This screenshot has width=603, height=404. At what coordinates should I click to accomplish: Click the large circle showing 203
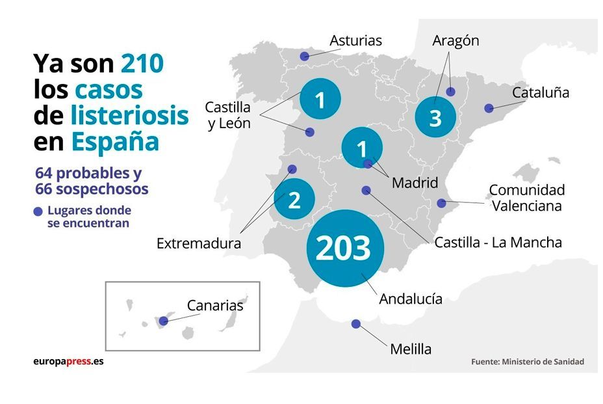tap(345, 248)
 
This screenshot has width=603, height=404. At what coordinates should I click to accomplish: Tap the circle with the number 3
tap(435, 118)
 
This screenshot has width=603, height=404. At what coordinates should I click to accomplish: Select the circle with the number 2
tap(294, 200)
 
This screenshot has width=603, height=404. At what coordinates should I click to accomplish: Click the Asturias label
tap(355, 40)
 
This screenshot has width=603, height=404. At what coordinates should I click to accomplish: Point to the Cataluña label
tap(540, 92)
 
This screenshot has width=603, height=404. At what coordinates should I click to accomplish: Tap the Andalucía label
tap(411, 299)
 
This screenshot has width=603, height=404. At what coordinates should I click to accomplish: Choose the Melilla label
tap(411, 349)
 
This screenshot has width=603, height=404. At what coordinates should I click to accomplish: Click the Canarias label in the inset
tap(215, 305)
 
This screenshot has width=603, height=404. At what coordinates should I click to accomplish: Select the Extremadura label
tap(199, 243)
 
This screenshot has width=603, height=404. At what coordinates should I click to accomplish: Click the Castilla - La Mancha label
tap(498, 243)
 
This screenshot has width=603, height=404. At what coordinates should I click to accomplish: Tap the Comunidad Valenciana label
tap(527, 198)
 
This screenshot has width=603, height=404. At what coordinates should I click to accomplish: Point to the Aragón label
tap(455, 40)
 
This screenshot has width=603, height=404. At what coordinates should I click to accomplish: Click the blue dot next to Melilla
tap(355, 324)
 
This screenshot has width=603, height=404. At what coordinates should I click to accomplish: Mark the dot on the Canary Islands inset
tap(164, 321)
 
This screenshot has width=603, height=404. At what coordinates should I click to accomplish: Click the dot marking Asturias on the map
tap(304, 57)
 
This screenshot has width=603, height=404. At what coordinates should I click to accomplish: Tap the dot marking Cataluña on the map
tap(489, 108)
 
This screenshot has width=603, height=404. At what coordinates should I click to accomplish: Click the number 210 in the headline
tap(142, 64)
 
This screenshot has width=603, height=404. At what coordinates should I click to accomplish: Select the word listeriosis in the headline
tap(129, 115)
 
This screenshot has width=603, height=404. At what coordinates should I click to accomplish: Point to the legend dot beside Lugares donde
tap(38, 211)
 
